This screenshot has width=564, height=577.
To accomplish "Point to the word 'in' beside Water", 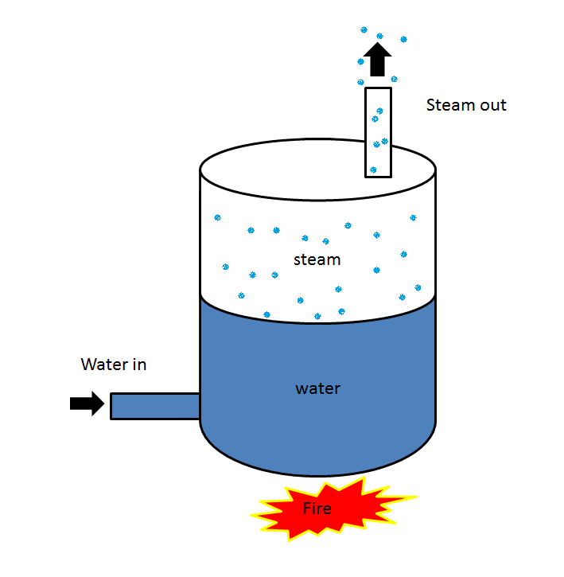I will pos(139,365).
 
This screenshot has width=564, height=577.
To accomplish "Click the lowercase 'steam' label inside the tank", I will pos(317,259).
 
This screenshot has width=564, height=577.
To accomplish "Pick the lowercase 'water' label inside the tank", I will pos(317,388).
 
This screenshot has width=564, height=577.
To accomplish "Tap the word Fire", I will pos(317,508).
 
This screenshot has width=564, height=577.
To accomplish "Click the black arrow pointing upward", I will pos(378,60).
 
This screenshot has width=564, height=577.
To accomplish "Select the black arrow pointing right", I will pos(87,404).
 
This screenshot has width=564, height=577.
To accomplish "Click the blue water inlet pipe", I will pos(154,406).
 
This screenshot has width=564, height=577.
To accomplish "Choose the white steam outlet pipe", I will pos(378,131).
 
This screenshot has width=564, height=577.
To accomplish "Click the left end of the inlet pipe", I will pos(111,406).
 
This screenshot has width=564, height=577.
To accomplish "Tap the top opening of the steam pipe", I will pos(378,88).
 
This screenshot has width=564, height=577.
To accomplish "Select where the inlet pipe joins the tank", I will pos(199,406).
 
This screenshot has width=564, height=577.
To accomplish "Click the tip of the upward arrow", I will pos(378,44).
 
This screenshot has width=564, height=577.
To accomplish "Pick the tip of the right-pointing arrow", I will pos(103,404).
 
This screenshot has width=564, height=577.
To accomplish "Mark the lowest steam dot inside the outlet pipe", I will pos(372,170).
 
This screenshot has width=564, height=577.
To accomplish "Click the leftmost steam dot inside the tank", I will pos(217,217).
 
